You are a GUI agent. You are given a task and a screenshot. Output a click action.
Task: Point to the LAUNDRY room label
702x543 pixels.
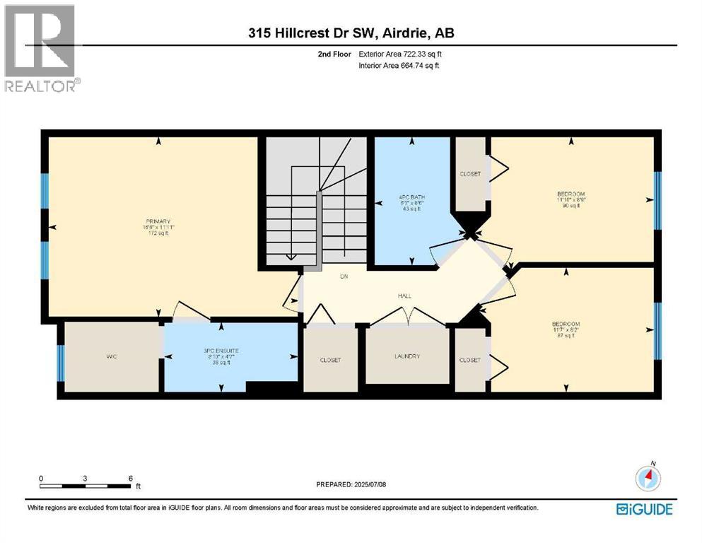407,356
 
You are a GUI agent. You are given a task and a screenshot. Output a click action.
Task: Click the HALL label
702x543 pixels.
404,297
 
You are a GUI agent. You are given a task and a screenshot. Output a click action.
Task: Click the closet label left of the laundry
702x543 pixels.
330,360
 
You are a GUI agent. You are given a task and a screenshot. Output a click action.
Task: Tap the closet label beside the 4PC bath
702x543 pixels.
470,173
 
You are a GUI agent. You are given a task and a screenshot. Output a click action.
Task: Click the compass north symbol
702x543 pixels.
648,478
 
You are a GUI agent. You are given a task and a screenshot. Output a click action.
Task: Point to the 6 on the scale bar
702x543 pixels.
131,479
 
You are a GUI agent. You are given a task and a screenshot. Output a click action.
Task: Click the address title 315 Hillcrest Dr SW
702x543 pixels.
350,34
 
